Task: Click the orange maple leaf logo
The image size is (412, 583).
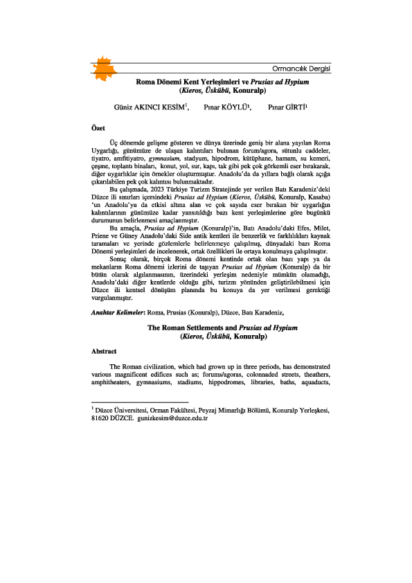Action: click(x=106, y=66)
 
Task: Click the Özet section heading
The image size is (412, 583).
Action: click(x=100, y=129)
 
